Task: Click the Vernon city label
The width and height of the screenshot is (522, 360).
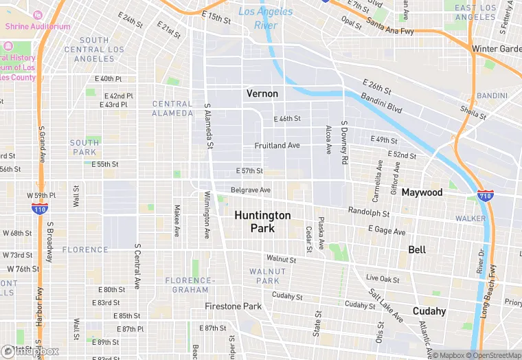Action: tap(262, 93)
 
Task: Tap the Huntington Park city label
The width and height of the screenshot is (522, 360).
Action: tap(262, 221)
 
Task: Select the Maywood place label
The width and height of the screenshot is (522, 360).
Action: tap(422, 192)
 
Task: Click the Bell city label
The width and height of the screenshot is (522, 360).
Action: tap(417, 249)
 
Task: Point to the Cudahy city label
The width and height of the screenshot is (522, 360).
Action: tap(429, 311)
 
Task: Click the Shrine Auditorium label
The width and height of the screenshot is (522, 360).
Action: tap(38, 26)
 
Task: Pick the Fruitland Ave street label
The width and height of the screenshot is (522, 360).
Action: tap(277, 146)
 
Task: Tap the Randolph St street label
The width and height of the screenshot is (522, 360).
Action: tap(369, 212)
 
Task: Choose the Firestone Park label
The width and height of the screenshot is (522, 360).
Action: tap(234, 306)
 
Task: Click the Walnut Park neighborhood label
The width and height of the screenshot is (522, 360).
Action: tap(267, 276)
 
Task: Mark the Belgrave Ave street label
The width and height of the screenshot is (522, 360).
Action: tap(251, 190)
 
